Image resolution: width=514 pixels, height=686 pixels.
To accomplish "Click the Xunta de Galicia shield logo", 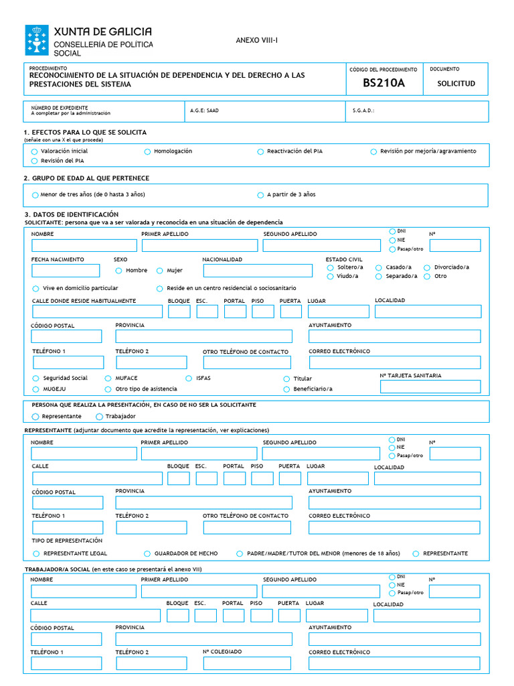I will pyautogui.click(x=37, y=40).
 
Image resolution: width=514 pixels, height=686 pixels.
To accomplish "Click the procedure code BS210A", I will pyautogui.click(x=383, y=83).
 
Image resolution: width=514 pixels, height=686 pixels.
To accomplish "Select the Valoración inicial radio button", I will pyautogui.click(x=34, y=151).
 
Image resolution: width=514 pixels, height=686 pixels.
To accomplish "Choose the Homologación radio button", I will pyautogui.click(x=147, y=151).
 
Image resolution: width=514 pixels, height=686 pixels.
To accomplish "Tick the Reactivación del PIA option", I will pyautogui.click(x=260, y=151).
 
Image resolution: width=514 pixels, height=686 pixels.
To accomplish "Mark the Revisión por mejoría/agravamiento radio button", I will pyautogui.click(x=373, y=151).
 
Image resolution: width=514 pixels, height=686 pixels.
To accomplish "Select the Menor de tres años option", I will pyautogui.click(x=34, y=195).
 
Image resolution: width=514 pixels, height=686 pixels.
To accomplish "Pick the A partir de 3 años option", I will pyautogui.click(x=260, y=195).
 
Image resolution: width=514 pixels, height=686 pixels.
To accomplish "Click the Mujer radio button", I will pyautogui.click(x=160, y=271).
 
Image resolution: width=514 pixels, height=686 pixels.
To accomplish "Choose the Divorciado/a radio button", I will pyautogui.click(x=427, y=267).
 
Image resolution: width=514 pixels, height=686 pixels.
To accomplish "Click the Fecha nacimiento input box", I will pyautogui.click(x=66, y=271).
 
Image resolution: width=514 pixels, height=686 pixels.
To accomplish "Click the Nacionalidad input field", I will pyautogui.click(x=258, y=271).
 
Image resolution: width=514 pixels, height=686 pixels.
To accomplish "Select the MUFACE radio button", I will pyautogui.click(x=108, y=379).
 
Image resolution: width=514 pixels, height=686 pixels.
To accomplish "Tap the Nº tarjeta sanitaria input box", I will pyautogui.click(x=430, y=387).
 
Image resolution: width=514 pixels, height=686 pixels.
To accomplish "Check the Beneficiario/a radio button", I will pyautogui.click(x=286, y=389).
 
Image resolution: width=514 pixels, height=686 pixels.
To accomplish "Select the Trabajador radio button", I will pyautogui.click(x=99, y=417).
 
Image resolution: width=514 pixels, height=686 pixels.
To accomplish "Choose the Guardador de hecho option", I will pyautogui.click(x=147, y=554).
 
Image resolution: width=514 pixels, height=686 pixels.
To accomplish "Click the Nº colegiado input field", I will pyautogui.click(x=247, y=663).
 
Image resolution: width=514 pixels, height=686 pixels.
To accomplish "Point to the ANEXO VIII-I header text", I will pyautogui.click(x=256, y=41).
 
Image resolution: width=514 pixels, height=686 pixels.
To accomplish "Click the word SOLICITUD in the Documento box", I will pyautogui.click(x=456, y=84).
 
